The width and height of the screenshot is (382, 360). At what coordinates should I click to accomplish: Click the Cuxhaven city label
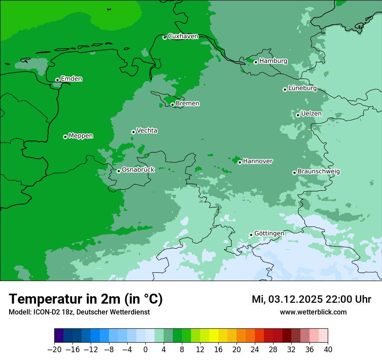pos(183,36)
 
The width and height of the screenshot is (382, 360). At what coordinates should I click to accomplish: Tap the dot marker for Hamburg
pos(256,62)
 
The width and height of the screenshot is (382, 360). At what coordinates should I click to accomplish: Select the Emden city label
pos(71,79)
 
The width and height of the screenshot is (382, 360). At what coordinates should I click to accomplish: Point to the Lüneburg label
pos(302,88)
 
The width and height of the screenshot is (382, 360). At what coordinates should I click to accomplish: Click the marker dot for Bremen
pos(172,105)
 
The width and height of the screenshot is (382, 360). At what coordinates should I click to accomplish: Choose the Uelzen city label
pos(311,114)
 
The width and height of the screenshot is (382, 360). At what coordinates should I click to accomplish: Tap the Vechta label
pos(147,131)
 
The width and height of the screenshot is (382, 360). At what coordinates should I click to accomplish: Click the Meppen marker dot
pos(65,137)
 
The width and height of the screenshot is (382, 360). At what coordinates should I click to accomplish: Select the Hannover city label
pos(257,161)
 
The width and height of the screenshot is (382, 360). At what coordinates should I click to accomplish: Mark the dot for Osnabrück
pos(119,171)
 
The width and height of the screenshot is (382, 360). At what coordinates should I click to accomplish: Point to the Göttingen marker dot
pos(251,235)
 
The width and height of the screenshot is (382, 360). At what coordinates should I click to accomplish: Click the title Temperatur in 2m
pos(86,299)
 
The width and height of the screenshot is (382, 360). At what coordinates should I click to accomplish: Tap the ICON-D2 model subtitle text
pos(79,312)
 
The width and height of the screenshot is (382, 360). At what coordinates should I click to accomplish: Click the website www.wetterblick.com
pos(313,312)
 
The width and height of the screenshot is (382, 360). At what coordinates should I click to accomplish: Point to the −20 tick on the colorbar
pos(54,350)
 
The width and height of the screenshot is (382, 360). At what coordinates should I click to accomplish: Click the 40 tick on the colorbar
pos(328,350)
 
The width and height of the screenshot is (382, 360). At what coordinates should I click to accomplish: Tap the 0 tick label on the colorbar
pos(145,350)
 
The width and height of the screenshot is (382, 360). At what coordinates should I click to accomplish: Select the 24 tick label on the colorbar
pos(255,350)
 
